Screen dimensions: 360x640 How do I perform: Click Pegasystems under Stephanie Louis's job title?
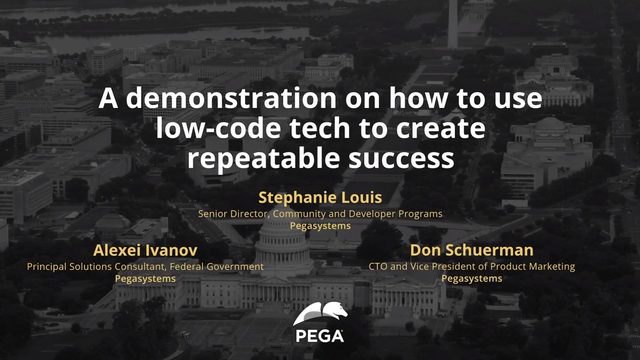320,227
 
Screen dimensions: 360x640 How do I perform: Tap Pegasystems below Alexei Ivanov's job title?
146,279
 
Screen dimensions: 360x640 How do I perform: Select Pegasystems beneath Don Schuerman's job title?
472,279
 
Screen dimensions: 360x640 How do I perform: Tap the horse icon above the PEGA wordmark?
320,313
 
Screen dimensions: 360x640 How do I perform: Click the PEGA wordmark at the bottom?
320,336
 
